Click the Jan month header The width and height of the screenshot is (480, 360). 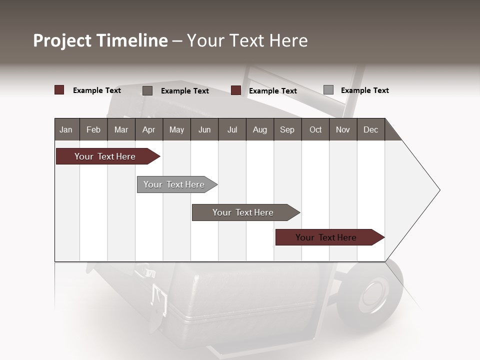point(66,129)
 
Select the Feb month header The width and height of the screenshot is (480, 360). point(93,129)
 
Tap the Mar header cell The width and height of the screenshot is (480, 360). point(121,129)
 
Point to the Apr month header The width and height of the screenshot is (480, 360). point(148,129)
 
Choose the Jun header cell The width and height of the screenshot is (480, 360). point(204,129)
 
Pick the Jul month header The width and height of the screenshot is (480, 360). point(232,129)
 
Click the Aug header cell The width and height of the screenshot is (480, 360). point(260,129)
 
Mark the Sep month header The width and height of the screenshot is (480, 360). point(287,129)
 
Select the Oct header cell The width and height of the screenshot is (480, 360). point(315,129)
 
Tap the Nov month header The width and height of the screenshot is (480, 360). point(343,129)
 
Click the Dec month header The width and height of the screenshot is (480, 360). point(370,129)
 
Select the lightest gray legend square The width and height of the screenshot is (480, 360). point(328,90)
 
